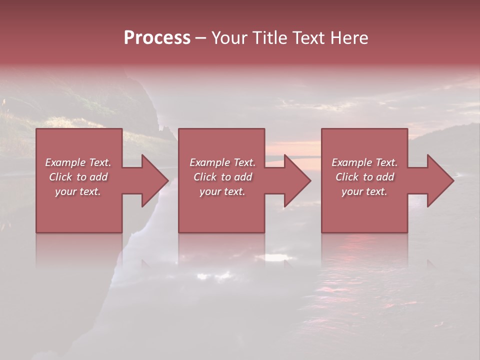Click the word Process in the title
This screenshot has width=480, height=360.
click(157, 38)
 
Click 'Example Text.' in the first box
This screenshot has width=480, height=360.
click(78, 162)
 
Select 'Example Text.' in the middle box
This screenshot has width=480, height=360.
click(222, 162)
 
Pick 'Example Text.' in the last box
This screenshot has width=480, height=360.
click(364, 162)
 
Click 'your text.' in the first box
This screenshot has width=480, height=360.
click(78, 191)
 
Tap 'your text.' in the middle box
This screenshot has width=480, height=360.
click(222, 191)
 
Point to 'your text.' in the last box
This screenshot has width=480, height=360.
click(364, 191)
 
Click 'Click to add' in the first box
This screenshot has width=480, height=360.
click(78, 177)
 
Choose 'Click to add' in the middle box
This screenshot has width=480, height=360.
click(222, 177)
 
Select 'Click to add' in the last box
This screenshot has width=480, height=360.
click(364, 177)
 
